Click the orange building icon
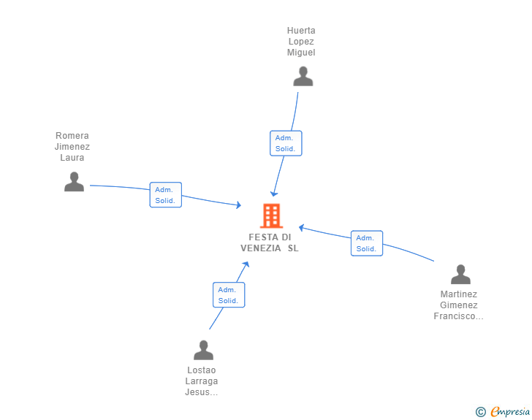coord(271,215)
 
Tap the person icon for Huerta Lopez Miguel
coord(303,77)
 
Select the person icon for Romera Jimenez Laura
coord(74,182)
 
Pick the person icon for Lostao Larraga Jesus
coord(204,350)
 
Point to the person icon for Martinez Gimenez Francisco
coord(460,274)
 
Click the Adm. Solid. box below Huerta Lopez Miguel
coord(286,143)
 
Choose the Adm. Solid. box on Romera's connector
coord(166,195)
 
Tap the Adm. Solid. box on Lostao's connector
coord(229,295)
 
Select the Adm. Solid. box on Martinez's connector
coord(367,243)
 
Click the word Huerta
coord(301,31)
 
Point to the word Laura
coord(72,158)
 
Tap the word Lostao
coord(202,370)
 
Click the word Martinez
coord(459,294)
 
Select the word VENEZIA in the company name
coord(261,248)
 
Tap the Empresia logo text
coord(510,412)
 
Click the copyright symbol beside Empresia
coord(481,412)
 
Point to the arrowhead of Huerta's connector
coord(273,194)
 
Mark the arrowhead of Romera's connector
coord(239,205)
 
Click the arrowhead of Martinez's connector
coord(301,228)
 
